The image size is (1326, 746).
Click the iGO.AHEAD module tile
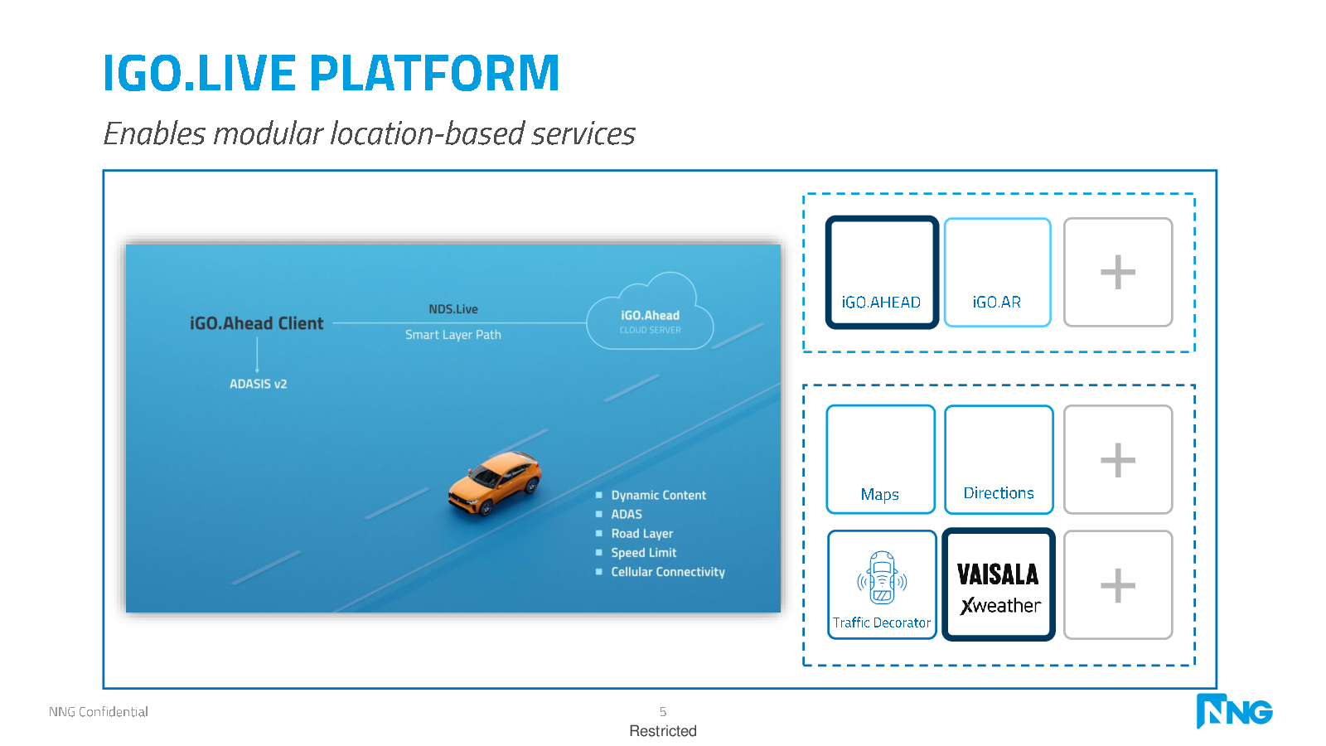882,272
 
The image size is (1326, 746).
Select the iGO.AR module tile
998,272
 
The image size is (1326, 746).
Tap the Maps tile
881,459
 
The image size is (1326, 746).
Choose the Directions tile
999,459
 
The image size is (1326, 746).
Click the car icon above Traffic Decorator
882,577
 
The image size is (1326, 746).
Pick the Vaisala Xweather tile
999,584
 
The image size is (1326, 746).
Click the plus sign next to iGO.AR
1118,272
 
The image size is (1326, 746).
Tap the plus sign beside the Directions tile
1118,459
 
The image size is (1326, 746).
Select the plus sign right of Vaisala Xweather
1118,585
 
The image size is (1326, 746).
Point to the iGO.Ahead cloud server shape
650,312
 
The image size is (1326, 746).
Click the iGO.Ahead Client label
256,323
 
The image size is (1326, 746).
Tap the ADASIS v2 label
258,384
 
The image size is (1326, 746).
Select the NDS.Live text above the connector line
453,309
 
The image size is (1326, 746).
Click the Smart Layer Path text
452,335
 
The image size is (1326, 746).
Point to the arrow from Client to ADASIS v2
257,355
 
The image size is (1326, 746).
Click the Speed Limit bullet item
643,552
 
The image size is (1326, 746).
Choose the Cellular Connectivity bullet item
668,571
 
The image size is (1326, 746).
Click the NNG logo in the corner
1234,710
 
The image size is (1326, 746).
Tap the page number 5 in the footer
663,711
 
